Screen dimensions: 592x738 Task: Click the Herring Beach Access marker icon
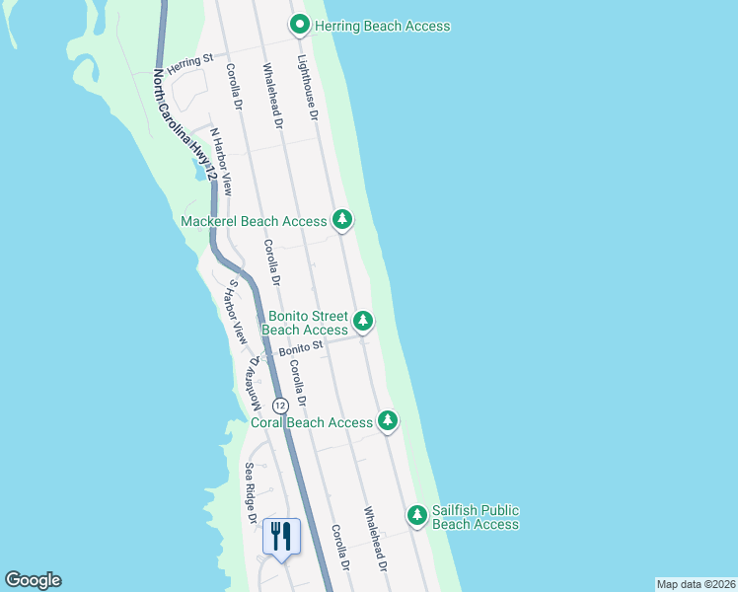pos(299,25)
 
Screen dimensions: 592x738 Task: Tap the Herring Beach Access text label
pos(383,26)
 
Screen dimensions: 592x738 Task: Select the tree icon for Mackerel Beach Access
pos(341,219)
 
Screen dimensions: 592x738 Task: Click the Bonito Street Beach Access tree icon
pos(363,321)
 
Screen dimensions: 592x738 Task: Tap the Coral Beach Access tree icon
pos(388,421)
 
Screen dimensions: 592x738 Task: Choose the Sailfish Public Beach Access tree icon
pos(418,515)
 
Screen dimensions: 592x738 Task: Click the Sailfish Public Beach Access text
pos(476,517)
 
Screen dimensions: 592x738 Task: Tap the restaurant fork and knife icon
pos(281,536)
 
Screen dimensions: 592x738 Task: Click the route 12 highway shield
pos(280,406)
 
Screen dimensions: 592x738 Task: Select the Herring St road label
pos(190,62)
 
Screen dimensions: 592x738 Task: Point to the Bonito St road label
pos(301,347)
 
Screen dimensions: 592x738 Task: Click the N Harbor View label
pos(221,161)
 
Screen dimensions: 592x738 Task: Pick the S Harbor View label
pos(237,311)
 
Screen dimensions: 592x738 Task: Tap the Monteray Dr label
pos(255,385)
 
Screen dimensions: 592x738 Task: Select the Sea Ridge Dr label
pos(252,493)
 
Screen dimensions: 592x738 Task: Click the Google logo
pos(33,580)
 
